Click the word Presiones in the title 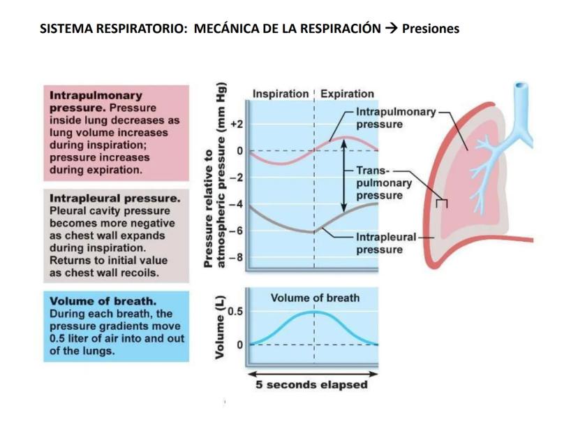tap(431, 29)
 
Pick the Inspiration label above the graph tap(280, 94)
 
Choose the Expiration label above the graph tap(347, 94)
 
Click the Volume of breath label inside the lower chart tap(315, 298)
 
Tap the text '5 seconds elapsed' tap(311, 385)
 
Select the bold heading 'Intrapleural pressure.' tap(115, 198)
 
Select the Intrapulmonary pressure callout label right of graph tap(395, 118)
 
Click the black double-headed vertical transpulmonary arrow tap(343, 178)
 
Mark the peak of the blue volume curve tap(314, 312)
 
